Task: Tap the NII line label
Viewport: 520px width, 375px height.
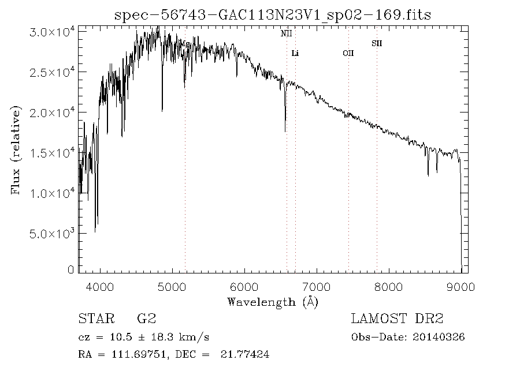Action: (287, 34)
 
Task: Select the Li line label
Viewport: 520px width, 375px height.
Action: (295, 54)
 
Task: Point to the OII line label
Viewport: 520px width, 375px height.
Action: (348, 54)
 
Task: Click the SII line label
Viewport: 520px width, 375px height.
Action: (377, 43)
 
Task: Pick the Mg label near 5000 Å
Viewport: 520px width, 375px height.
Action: (185, 44)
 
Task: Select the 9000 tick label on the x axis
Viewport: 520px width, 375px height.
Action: (460, 286)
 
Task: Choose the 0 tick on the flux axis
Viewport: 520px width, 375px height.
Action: (71, 269)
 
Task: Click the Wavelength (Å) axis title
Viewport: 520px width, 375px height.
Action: (273, 301)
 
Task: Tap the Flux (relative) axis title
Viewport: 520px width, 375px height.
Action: (16, 150)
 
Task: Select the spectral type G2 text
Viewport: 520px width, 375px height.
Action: (145, 319)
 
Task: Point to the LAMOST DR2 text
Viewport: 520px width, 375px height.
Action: (398, 319)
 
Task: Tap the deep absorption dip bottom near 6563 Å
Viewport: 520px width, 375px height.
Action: (285, 131)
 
